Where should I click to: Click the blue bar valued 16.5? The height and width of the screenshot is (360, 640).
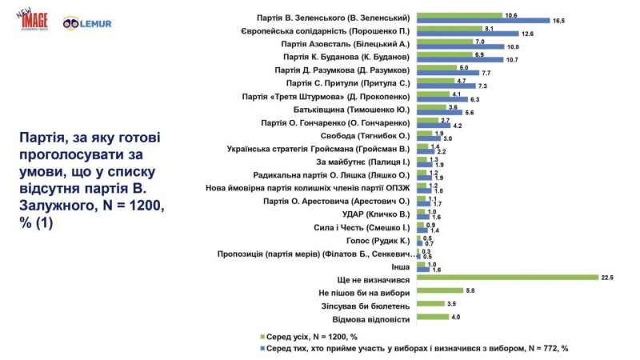(483, 20)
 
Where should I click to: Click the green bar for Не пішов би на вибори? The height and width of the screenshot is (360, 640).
(439, 290)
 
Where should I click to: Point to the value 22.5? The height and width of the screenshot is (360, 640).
(606, 278)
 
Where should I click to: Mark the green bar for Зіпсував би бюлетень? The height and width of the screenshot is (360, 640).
(430, 304)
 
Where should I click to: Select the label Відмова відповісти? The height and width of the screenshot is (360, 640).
(375, 318)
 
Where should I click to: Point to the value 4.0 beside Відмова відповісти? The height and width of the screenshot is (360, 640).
(457, 318)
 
